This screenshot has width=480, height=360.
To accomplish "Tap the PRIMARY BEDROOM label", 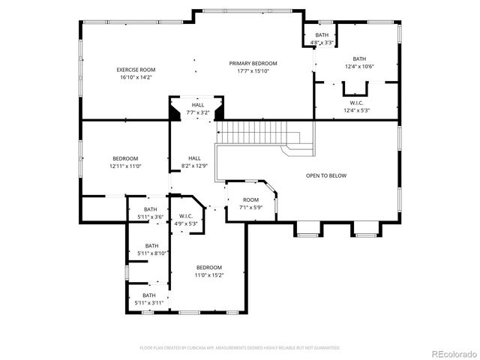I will [x=253, y=64].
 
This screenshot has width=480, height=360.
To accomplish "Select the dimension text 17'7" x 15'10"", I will [x=253, y=71].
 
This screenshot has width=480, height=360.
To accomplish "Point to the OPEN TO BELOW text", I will [x=326, y=175].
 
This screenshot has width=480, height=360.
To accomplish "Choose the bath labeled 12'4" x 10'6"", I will [x=359, y=59].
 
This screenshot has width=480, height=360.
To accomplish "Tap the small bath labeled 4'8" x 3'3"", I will [x=322, y=35].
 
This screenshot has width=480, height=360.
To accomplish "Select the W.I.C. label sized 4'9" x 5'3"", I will [x=187, y=217].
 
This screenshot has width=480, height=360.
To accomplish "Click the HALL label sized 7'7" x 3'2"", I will [x=197, y=105].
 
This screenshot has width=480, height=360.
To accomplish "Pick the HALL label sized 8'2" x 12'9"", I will [x=194, y=158].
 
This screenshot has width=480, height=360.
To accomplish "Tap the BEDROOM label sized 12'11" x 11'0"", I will [x=125, y=158].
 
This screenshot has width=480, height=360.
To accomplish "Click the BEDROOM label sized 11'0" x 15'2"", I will [x=209, y=268].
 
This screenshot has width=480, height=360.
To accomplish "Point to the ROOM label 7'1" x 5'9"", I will [x=250, y=199].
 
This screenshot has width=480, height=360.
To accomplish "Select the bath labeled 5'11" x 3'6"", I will [x=151, y=210].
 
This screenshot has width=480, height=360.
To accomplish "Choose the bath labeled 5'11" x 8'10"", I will [x=151, y=246].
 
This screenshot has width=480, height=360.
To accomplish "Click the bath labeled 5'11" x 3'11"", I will [x=149, y=295].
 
